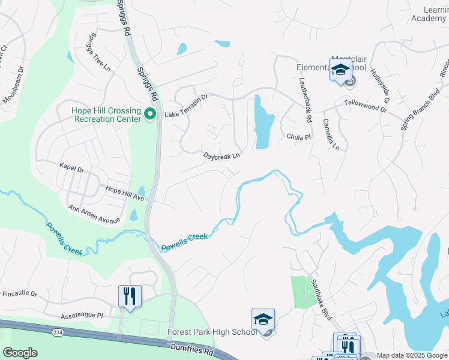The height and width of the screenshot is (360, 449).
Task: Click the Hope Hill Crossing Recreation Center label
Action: pyautogui.click(x=106, y=114)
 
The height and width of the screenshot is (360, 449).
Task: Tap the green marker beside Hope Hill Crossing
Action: pyautogui.click(x=151, y=114)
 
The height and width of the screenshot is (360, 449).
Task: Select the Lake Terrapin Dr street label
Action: pyautogui.click(x=186, y=97)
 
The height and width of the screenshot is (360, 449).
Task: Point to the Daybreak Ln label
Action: pyautogui.click(x=221, y=155)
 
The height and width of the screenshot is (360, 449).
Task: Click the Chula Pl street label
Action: pyautogui.click(x=298, y=137)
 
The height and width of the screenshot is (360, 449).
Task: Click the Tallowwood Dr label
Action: pyautogui.click(x=366, y=105)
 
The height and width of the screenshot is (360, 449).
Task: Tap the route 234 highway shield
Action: pyautogui.click(x=58, y=331)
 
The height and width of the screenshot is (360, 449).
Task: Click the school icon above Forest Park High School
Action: pyautogui.click(x=263, y=320)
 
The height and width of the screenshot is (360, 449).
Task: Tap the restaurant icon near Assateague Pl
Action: pyautogui.click(x=130, y=296)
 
